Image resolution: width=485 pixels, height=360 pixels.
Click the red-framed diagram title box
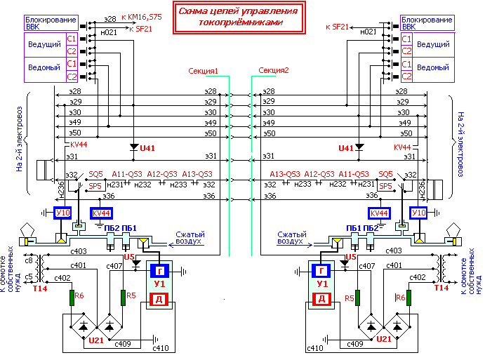(x=239, y=18)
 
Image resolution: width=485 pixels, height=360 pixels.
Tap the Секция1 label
(x=204, y=71)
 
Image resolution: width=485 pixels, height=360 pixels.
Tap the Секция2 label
(x=274, y=70)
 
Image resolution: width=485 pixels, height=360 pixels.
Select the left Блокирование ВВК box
(x=51, y=23)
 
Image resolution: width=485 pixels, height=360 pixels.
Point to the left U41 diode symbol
(x=134, y=147)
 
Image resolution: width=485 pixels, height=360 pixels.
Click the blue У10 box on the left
(x=62, y=213)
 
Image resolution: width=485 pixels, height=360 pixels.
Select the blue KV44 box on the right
(x=379, y=213)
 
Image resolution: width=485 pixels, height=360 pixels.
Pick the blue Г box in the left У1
(x=159, y=272)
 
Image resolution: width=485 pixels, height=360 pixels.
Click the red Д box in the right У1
(x=321, y=299)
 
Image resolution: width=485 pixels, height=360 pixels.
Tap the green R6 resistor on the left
(x=72, y=298)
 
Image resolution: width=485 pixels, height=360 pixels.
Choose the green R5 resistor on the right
(x=357, y=298)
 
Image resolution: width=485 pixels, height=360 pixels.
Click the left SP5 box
(x=95, y=186)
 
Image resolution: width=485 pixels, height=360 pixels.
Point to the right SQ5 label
(x=385, y=174)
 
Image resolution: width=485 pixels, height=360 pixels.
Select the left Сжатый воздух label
(x=190, y=238)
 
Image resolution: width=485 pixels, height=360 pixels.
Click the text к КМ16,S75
(x=142, y=17)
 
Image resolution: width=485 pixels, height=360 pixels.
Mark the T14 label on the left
(x=40, y=288)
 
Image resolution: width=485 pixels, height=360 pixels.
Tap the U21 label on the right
(x=384, y=339)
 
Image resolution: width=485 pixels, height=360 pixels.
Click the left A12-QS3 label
(x=162, y=174)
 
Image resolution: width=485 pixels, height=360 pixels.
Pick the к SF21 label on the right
(x=337, y=27)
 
